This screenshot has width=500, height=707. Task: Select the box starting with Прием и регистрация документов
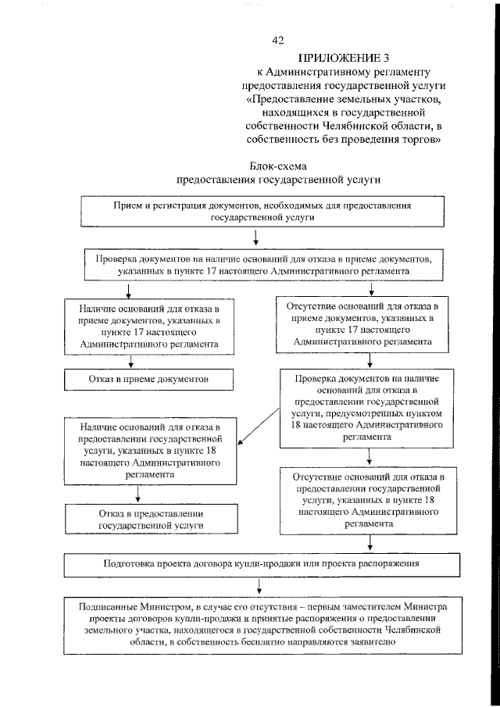click(262, 210)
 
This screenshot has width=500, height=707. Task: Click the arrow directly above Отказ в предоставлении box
click(138, 493)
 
